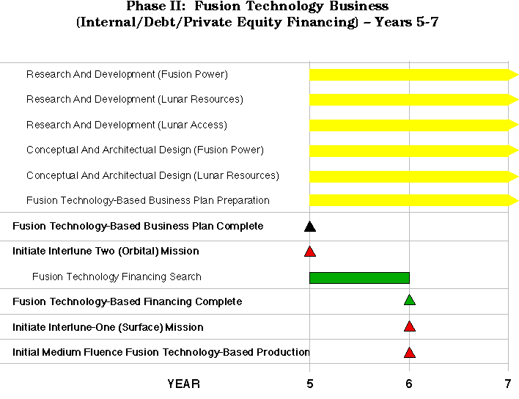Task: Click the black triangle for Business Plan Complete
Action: (x=310, y=227)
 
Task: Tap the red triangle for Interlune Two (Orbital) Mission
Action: (x=310, y=252)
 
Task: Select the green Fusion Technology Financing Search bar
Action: (x=359, y=278)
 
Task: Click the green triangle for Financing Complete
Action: (x=410, y=300)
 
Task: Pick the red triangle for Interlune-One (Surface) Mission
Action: (x=410, y=326)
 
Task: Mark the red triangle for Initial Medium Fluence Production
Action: (x=410, y=353)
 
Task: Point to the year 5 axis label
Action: (x=310, y=384)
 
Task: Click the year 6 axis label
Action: (x=409, y=384)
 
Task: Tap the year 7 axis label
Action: (x=508, y=384)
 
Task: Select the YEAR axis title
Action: (x=184, y=384)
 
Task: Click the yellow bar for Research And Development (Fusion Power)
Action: (x=413, y=75)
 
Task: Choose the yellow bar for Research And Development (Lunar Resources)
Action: (x=413, y=100)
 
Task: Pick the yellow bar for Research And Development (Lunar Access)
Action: (x=413, y=125)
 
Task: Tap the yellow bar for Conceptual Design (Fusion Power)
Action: (x=413, y=151)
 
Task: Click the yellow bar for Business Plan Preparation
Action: (x=413, y=200)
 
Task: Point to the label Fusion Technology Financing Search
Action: (x=117, y=277)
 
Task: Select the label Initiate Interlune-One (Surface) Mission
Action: (x=108, y=327)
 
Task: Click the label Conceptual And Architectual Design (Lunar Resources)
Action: (x=152, y=175)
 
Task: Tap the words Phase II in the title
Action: (x=157, y=6)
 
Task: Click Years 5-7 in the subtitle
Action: (x=407, y=22)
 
